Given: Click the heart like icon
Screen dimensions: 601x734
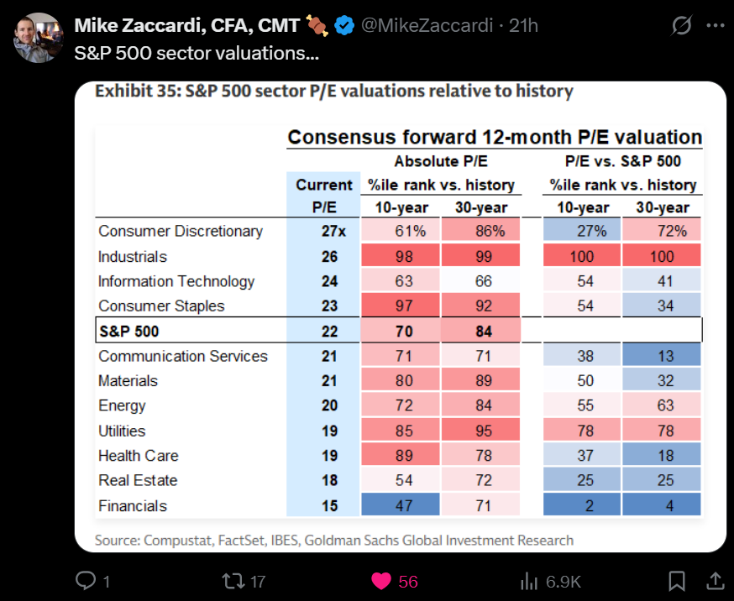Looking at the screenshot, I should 380,581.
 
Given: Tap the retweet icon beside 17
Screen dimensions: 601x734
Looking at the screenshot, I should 231,581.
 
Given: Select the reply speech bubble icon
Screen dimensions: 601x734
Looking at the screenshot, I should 86,581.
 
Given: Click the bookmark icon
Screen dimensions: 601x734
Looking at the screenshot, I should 677,581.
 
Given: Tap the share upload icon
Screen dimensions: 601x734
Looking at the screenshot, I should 715,581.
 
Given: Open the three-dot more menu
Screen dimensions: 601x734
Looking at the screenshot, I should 716,26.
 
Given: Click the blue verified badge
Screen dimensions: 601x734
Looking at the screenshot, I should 343,26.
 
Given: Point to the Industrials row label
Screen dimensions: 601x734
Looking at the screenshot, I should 133,257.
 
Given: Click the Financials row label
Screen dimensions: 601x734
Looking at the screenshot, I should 133,506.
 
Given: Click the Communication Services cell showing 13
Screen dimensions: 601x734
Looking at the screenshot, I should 666,357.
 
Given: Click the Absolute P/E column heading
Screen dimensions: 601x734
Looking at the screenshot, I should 441,161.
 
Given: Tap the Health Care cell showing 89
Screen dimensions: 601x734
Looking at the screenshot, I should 404,456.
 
